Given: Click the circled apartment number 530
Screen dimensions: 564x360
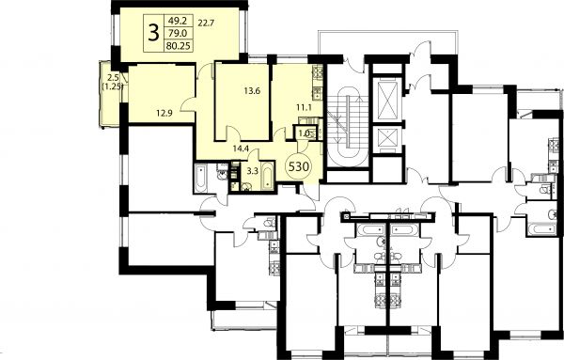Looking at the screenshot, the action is (298, 167).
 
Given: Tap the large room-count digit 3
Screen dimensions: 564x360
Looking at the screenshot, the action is (153, 33).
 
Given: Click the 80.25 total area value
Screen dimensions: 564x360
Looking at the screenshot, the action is (179, 46).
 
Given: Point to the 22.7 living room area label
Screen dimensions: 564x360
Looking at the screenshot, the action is (206, 23).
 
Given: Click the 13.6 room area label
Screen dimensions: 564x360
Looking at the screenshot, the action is (252, 90).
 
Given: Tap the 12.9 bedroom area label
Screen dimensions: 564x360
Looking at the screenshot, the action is (164, 114).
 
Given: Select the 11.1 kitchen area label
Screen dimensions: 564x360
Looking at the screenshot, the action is (304, 107).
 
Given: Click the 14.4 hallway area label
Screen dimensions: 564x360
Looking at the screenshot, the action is (241, 149).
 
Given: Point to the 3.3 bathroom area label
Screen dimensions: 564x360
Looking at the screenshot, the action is (253, 171).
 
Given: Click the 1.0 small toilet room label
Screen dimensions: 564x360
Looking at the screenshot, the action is (304, 133).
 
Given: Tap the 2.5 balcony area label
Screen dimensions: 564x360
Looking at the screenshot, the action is (113, 77).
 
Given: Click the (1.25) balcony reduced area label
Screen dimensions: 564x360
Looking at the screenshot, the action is (113, 86).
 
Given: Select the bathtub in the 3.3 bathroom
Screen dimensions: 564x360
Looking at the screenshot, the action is (267, 175).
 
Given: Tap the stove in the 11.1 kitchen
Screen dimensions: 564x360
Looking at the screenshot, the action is (318, 72).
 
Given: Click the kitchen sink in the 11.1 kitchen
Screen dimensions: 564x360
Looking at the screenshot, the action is (318, 94).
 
